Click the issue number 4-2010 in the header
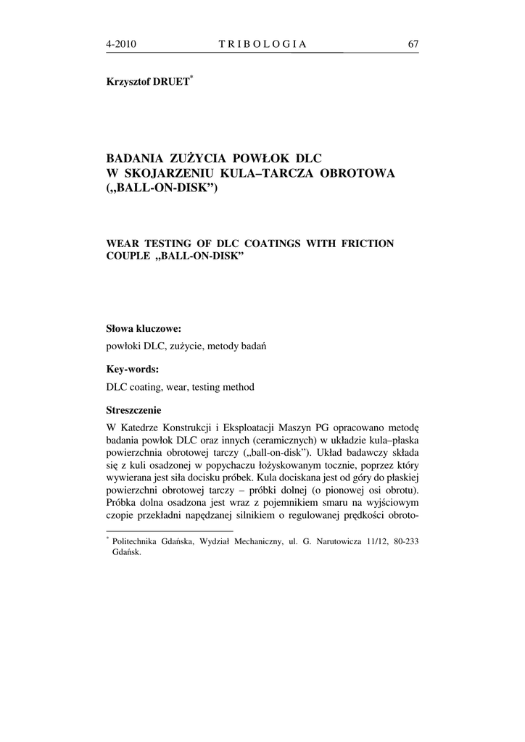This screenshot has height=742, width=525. coord(121,44)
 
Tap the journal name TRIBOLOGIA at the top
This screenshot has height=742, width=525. coord(262,44)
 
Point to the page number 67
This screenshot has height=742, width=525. coord(413,44)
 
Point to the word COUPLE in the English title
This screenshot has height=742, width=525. coord(128,258)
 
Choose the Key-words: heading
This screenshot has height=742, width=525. coord(133,369)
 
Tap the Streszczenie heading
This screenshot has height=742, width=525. coord(134,409)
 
